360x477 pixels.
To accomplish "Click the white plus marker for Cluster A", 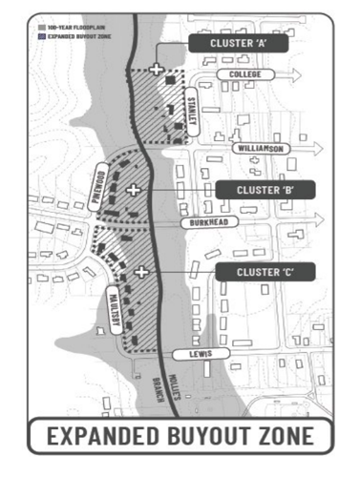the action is pos(156,69).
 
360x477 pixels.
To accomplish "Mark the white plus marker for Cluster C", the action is pos(141,272).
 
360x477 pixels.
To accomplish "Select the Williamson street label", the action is pos(260,149).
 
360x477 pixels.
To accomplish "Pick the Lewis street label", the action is pos(198,354).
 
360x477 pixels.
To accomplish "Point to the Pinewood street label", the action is pos(97,181).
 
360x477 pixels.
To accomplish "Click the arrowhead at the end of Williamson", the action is pos(316,149).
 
